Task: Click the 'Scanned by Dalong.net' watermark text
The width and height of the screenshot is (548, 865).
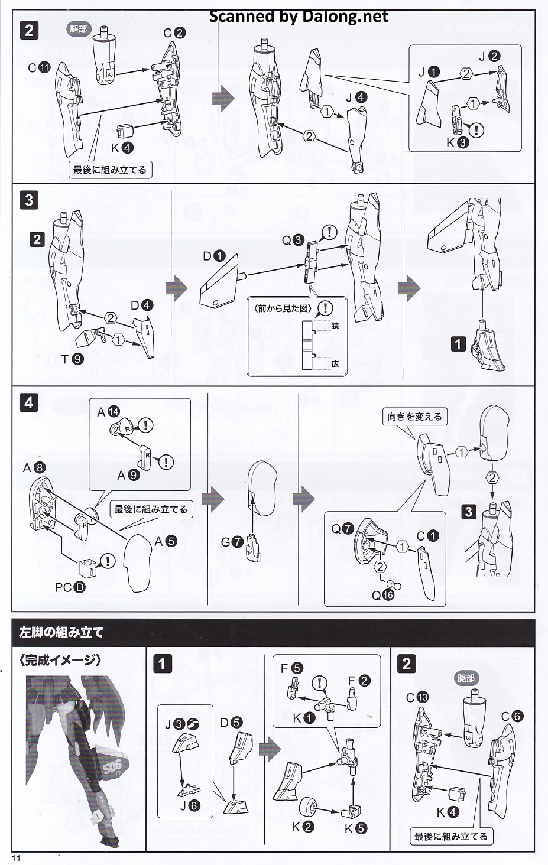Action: [x=299, y=17]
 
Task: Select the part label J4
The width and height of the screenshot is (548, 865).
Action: [x=356, y=97]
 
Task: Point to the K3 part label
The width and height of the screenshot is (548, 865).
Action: [x=457, y=142]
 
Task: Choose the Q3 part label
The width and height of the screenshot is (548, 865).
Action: [x=293, y=240]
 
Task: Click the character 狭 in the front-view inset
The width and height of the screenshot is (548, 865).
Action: [x=335, y=326]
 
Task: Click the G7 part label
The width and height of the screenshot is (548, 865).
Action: [x=232, y=541]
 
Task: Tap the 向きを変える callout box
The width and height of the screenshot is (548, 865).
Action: [x=414, y=417]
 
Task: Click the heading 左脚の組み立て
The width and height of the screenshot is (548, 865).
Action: [x=61, y=632]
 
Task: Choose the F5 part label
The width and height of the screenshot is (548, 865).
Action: [x=291, y=668]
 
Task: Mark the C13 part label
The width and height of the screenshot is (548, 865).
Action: [x=417, y=697]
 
